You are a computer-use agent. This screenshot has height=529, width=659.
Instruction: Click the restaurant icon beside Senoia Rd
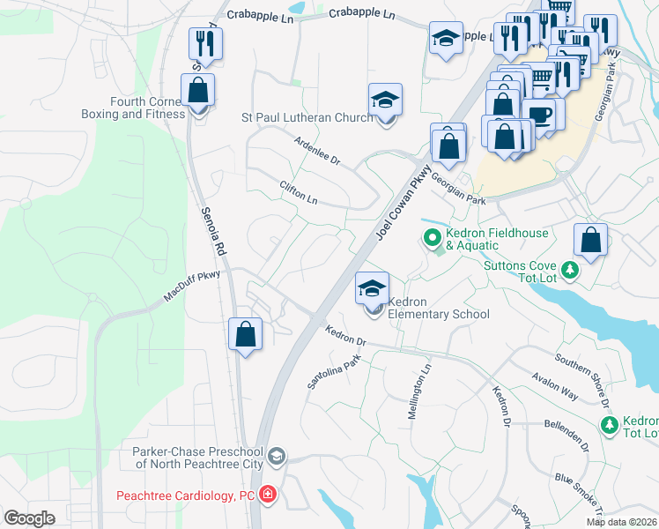pyautogui.click(x=205, y=42)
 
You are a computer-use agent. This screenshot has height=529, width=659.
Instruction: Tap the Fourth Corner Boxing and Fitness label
pyautogui.click(x=133, y=108)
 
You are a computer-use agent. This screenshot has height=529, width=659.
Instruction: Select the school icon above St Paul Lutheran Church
pyautogui.click(x=385, y=101)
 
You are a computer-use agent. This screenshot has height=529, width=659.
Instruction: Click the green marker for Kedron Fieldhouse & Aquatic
pyautogui.click(x=432, y=237)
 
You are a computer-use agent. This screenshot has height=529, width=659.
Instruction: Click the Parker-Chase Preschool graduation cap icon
pyautogui.click(x=277, y=456)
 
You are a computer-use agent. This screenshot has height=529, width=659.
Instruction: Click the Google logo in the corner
pyautogui.click(x=29, y=518)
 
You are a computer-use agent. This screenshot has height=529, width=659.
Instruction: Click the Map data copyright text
pyautogui.click(x=621, y=522)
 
